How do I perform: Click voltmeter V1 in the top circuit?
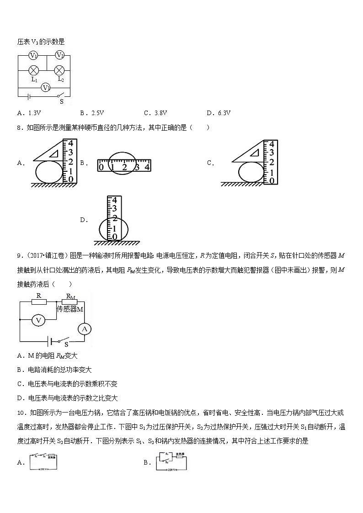pos(33,56)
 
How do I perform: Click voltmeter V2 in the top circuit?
pos(59,55)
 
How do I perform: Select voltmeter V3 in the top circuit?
pos(46,87)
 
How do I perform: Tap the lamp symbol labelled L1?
pos(33,70)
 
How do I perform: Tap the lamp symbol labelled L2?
pos(59,70)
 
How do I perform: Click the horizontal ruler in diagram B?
pos(124,165)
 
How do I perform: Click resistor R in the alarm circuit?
pos(39,301)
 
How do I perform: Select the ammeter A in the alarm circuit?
pos(84,328)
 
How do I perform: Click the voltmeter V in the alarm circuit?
pos(39,321)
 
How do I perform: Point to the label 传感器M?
pos(70,309)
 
